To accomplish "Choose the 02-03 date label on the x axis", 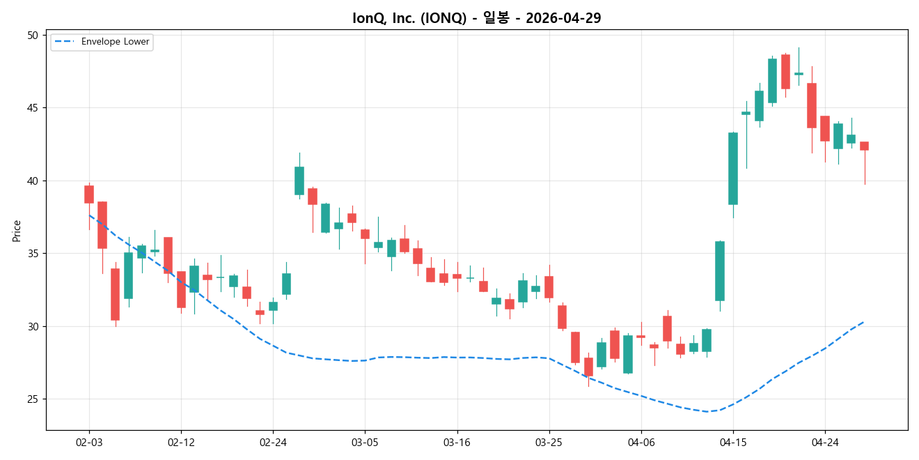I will [89, 442].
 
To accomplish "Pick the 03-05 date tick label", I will [365, 442].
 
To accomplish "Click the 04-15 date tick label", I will [733, 442].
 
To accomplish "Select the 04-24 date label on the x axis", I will [825, 442].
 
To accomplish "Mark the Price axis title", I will [17, 231].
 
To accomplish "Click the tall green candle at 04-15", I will [733, 168].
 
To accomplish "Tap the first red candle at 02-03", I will [89, 194].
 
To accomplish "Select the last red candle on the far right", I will [864, 146].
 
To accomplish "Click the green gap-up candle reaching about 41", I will [299, 181].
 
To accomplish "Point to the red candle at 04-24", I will [825, 128].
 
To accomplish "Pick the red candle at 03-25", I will [549, 287].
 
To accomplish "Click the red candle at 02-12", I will [181, 289].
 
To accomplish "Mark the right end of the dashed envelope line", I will [864, 322].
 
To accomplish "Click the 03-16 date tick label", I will [457, 442].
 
